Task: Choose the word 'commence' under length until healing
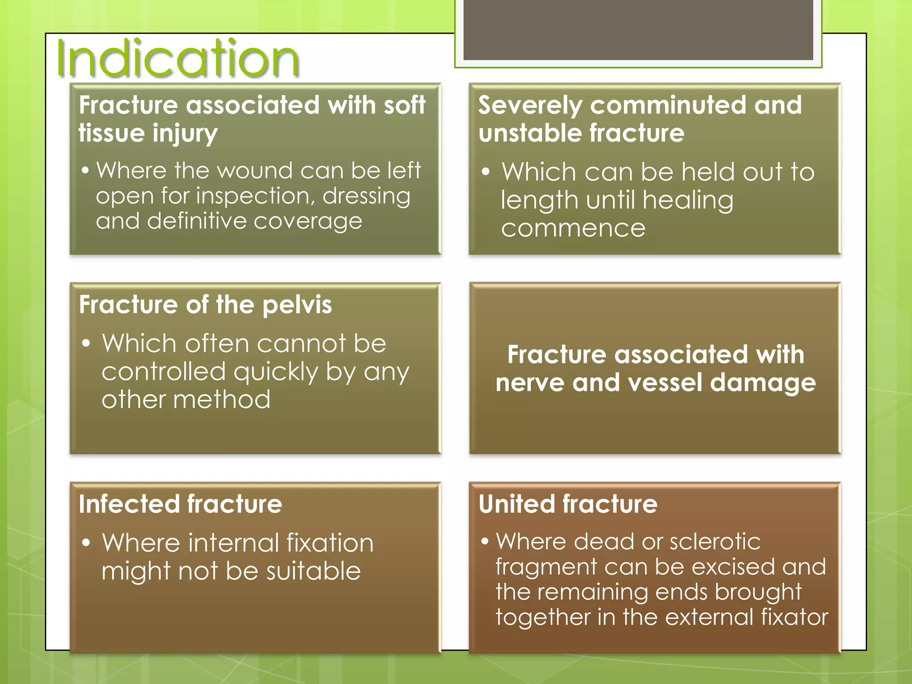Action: [573, 228]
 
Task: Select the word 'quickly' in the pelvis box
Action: [276, 372]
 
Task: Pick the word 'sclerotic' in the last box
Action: [715, 542]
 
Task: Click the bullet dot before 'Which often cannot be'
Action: [86, 343]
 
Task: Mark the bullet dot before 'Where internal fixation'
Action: [86, 543]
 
